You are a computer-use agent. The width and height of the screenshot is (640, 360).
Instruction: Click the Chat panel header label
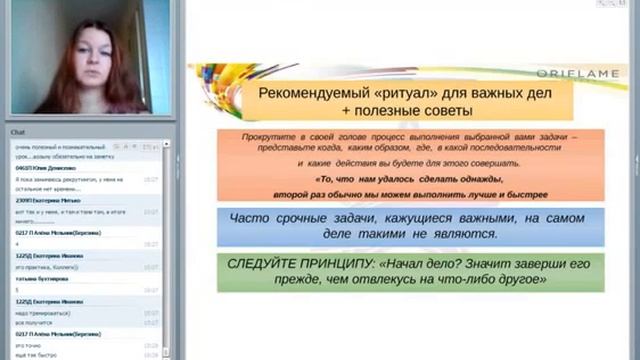[x=18, y=132]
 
